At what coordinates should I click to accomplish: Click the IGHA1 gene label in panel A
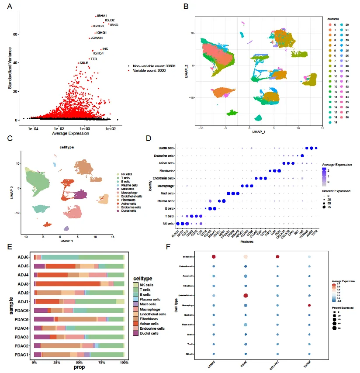102,16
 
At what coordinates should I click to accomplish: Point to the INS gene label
105,49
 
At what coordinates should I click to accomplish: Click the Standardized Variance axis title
10,68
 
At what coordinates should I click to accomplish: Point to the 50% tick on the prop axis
79,363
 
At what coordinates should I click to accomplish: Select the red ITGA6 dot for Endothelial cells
246,296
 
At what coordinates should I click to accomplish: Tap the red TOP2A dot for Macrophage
309,305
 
